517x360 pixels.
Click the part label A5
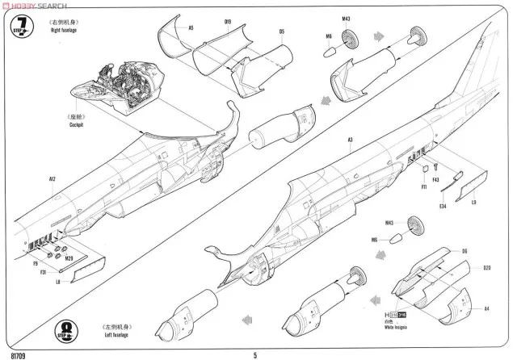(x=191, y=27)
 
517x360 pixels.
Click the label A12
(x=52, y=178)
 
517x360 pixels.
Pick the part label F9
(x=36, y=263)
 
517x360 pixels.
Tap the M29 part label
(x=70, y=258)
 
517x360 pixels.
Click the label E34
(x=443, y=206)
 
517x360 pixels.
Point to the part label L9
(x=473, y=202)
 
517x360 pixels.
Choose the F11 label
(x=423, y=186)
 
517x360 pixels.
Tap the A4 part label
(x=486, y=308)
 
